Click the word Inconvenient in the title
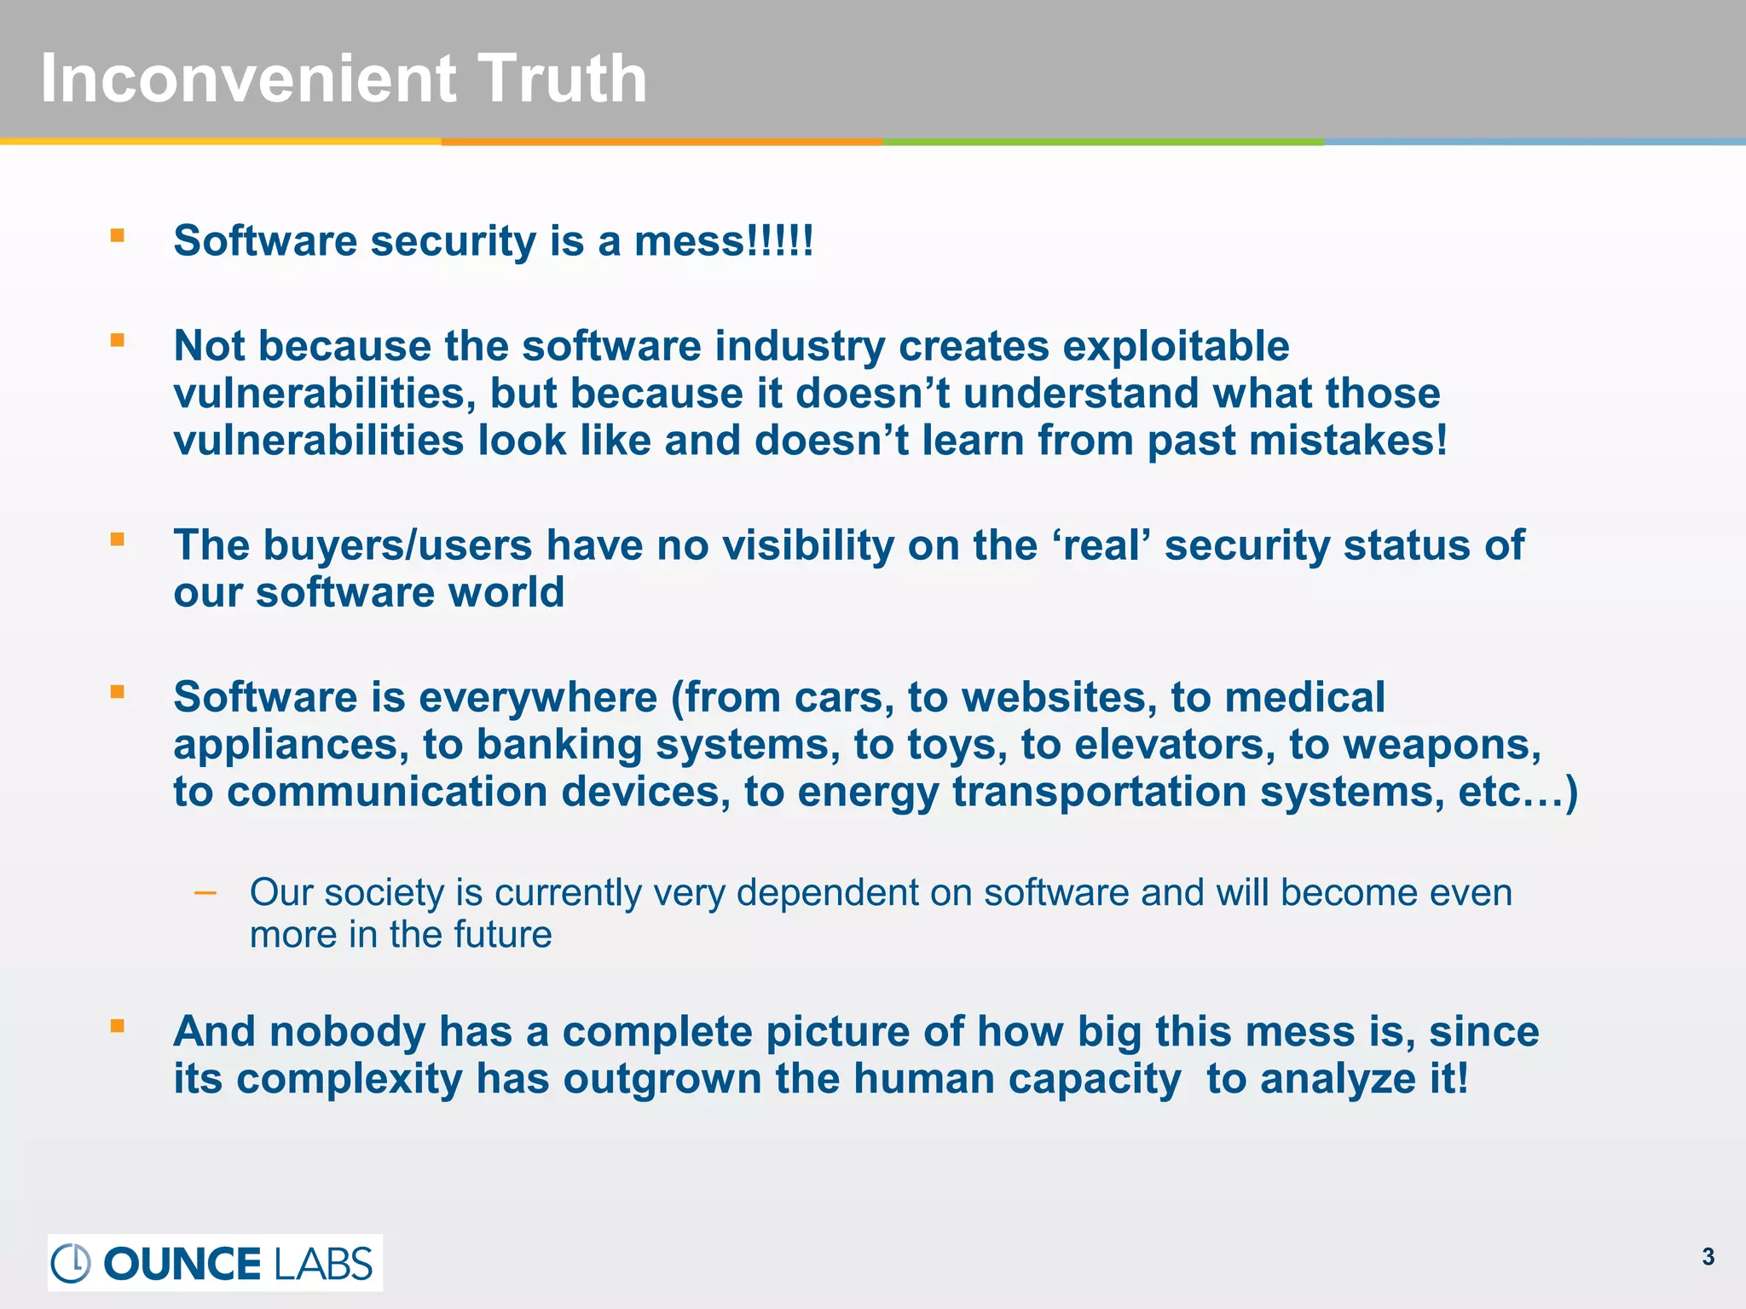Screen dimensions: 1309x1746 click(x=248, y=79)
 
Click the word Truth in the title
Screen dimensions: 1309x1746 click(x=562, y=79)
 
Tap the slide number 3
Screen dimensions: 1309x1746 click(x=1708, y=1257)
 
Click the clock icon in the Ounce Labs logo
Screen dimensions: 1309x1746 click(x=71, y=1263)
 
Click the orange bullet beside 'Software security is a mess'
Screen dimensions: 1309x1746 click(x=118, y=235)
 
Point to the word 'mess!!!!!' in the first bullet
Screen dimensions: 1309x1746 click(x=724, y=241)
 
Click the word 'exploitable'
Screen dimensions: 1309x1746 click(x=1177, y=347)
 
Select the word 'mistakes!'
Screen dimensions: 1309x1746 click(x=1297, y=441)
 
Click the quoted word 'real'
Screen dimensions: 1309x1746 click(x=1106, y=545)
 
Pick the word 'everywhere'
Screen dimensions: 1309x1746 click(x=538, y=698)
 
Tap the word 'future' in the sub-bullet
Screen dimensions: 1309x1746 click(x=502, y=935)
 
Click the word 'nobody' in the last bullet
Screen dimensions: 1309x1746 click(x=347, y=1032)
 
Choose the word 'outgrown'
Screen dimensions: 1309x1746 click(x=662, y=1080)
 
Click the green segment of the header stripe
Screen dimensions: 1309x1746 click(x=1103, y=141)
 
